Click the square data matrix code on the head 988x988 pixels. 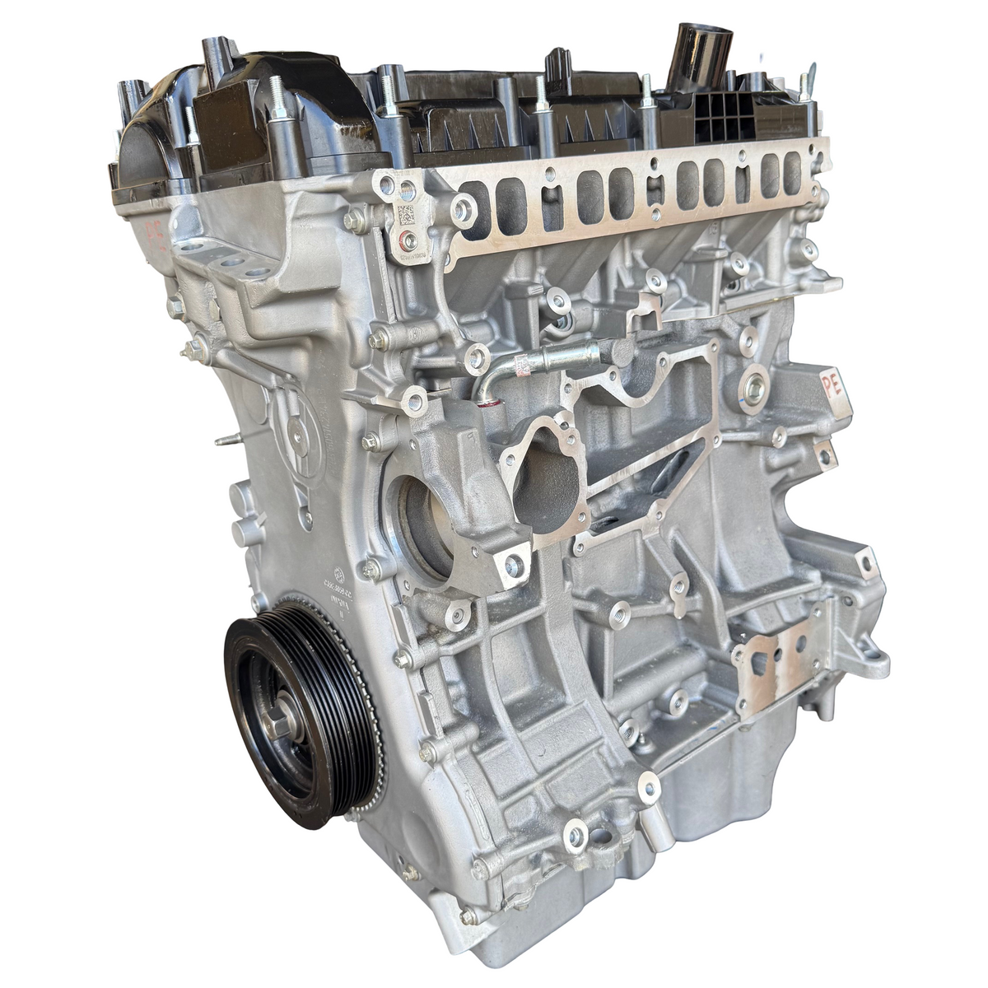[x=406, y=215]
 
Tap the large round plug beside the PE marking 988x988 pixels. [x=753, y=389]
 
